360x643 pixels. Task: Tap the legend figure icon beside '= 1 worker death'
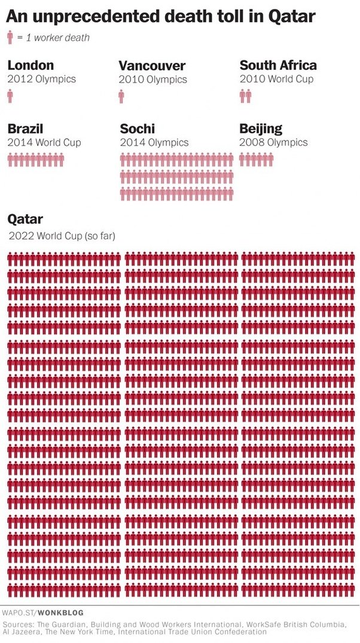coord(10,38)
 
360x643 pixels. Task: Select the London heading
coord(30,65)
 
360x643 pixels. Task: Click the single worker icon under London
coord(10,96)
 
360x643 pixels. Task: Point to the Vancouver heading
coord(152,66)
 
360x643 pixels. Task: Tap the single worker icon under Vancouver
coord(121,96)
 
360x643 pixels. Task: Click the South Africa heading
coord(278,65)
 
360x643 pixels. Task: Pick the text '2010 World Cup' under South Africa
coord(276,79)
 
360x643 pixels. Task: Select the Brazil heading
coord(25,129)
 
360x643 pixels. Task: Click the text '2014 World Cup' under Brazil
coord(44,142)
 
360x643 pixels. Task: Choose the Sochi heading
coord(137,129)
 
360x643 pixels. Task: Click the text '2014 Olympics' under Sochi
coord(154,142)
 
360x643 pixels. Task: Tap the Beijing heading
coord(261,129)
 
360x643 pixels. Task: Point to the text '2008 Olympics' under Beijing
coord(273,142)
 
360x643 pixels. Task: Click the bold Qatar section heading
coord(25,219)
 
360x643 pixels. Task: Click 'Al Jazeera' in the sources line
coord(20,631)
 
